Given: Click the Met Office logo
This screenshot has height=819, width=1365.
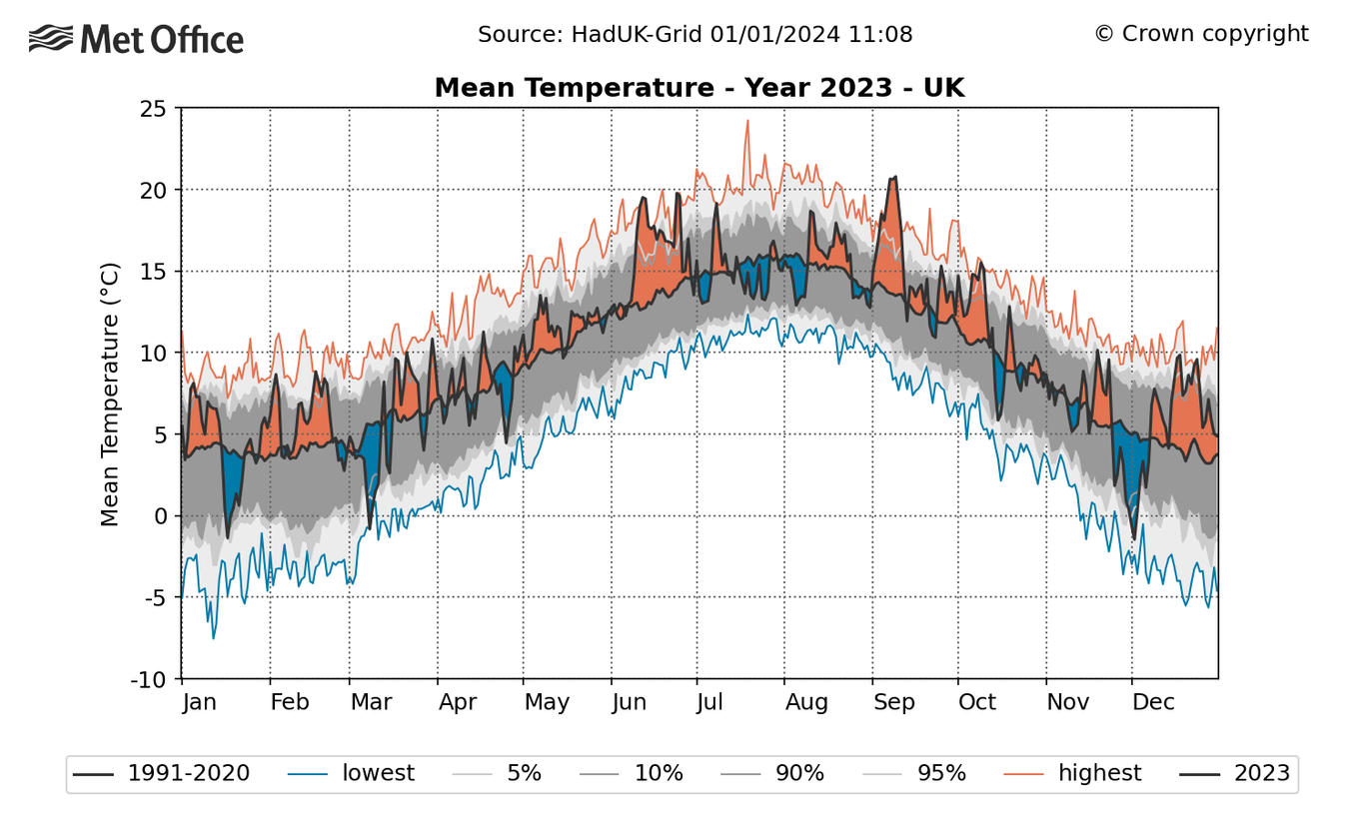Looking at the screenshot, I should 137,39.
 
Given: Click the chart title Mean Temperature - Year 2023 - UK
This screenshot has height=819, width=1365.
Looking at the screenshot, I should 698,88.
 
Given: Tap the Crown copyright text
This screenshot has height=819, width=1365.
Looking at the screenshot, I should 1200,34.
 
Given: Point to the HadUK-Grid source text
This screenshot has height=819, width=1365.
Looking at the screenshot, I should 694,35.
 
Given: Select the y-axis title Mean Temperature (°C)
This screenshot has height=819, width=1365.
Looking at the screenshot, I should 110,394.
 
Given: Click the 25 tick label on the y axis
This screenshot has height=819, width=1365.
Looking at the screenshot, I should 153,108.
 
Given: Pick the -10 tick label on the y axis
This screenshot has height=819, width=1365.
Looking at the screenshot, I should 148,679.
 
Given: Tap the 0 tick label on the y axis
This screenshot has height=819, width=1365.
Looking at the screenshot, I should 160,516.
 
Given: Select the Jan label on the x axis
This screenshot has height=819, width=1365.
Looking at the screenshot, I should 200,702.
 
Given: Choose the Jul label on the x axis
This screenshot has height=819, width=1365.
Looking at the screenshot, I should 709,702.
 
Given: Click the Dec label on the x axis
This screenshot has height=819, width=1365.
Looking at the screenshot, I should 1153,702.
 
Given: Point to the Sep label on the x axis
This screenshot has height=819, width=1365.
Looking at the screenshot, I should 893,702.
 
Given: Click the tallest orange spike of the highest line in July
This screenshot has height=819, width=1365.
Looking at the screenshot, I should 746,121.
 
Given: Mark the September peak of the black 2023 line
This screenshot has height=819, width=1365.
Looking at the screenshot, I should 895,177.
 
